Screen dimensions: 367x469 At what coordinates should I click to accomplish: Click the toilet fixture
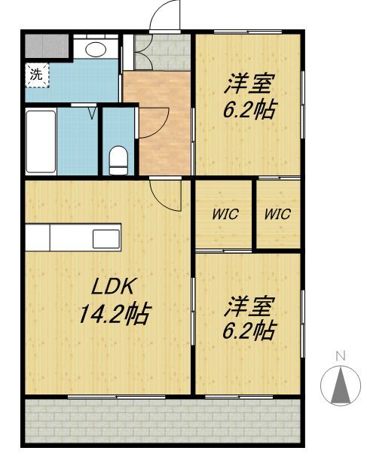118,160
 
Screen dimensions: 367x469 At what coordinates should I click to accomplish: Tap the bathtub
41,142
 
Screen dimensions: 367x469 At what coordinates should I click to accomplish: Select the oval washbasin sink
96,49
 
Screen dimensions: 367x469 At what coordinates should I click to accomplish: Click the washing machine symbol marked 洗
37,75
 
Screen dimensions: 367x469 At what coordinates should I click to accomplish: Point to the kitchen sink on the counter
106,239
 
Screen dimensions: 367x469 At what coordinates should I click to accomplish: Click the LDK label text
112,287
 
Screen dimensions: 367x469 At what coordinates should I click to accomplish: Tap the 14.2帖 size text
114,314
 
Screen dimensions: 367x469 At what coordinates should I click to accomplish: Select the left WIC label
225,215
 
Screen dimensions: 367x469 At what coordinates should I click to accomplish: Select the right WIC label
277,214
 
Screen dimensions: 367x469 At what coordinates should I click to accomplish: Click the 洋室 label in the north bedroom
249,84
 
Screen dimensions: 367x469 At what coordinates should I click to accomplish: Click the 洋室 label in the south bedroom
249,307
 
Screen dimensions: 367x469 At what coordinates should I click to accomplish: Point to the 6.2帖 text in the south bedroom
249,330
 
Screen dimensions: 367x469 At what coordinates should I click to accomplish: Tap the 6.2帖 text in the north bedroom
249,109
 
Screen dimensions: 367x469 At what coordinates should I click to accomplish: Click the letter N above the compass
341,356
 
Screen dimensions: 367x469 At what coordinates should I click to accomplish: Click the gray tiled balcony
162,420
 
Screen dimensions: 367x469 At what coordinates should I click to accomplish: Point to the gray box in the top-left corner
47,46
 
